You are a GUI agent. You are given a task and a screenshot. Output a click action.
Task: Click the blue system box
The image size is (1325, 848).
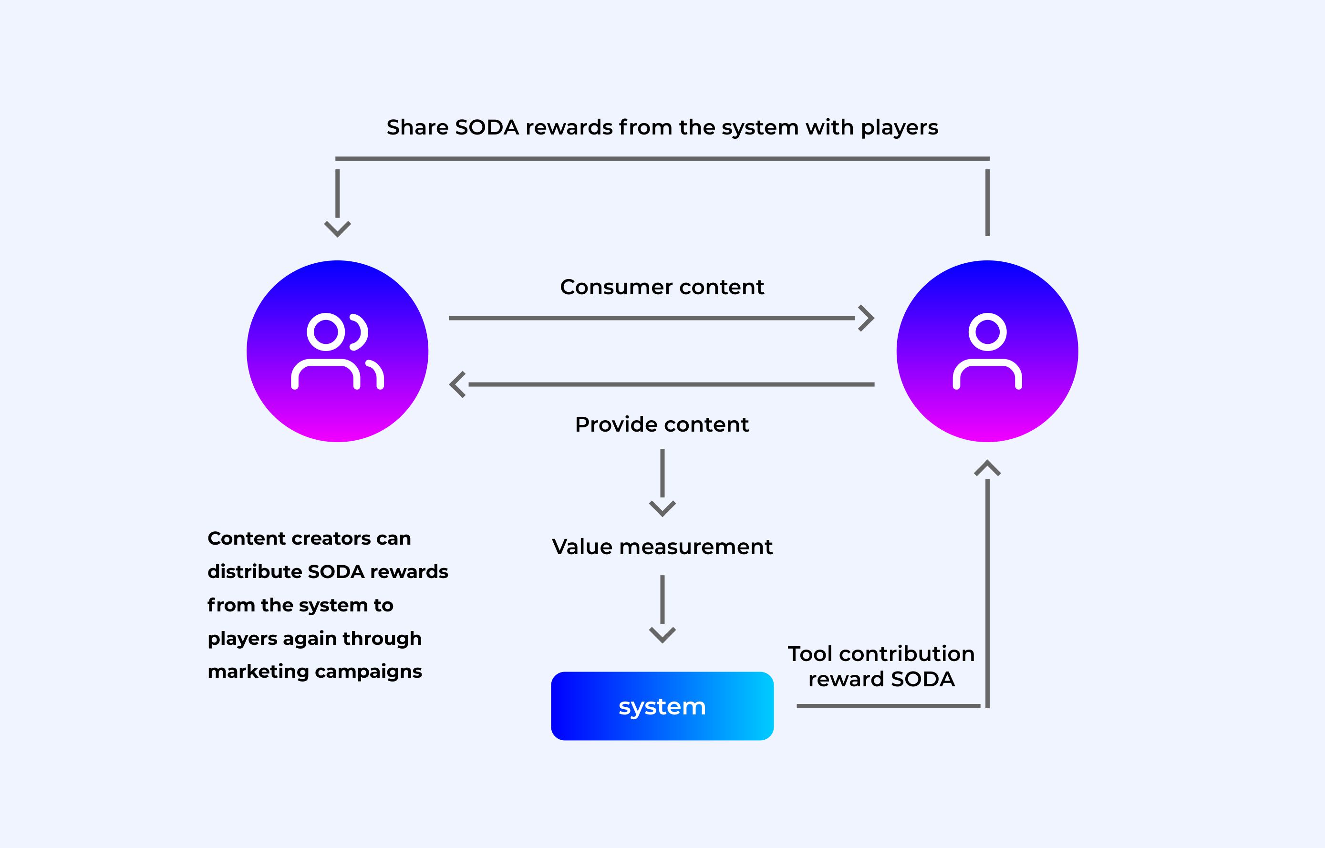[x=662, y=706]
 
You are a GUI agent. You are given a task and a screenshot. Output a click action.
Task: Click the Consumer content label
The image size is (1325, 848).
[x=662, y=287]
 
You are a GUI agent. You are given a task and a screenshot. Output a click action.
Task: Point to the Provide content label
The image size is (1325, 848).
[x=662, y=424]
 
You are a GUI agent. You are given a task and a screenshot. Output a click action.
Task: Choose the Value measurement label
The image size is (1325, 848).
[x=662, y=547]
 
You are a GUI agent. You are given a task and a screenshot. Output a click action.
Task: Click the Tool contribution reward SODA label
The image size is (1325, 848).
[x=881, y=666]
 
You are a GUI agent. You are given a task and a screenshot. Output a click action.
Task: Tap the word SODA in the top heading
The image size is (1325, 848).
[x=487, y=127]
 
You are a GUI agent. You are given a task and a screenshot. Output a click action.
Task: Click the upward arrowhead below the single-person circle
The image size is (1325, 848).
[x=987, y=468]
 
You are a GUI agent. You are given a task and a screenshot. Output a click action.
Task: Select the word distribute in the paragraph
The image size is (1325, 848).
[x=254, y=571]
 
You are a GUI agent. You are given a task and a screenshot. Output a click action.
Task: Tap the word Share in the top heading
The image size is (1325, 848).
[x=417, y=127]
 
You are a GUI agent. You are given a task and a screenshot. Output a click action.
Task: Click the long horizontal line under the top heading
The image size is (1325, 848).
[x=662, y=159]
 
